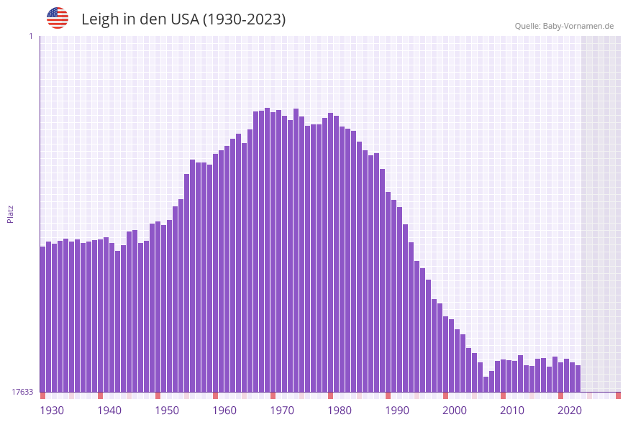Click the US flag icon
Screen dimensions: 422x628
58,18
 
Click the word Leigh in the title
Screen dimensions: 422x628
100,19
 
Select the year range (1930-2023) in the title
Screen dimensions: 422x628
245,19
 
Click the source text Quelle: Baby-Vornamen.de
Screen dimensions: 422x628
564,26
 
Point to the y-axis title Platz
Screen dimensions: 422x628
11,214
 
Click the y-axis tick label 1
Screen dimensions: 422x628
30,36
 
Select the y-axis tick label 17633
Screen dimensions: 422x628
22,392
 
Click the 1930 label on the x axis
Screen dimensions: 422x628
52,410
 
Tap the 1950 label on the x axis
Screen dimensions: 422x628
167,410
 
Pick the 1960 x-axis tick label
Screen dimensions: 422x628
224,410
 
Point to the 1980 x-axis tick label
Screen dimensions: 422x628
340,410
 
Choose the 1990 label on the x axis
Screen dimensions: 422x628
397,410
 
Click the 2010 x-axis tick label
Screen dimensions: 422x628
512,410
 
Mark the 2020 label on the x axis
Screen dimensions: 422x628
570,410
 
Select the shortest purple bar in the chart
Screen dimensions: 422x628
486,385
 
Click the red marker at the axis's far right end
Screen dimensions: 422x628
618,395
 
